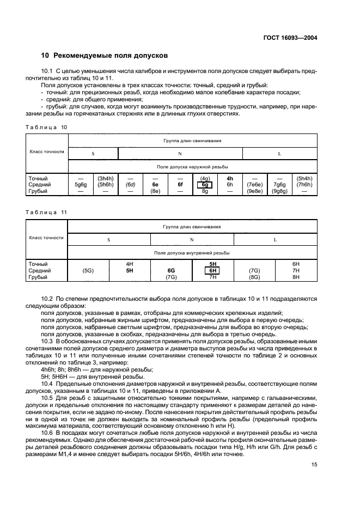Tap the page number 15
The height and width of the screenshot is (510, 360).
[x=314, y=464]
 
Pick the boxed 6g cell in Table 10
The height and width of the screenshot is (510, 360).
[x=205, y=185]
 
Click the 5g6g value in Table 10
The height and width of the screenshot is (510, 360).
[x=80, y=185]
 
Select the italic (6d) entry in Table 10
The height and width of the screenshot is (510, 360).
[x=130, y=185]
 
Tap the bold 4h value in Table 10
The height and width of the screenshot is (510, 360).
[x=229, y=178]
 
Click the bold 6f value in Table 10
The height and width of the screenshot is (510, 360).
[x=180, y=185]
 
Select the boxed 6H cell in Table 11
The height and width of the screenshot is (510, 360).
[x=213, y=270]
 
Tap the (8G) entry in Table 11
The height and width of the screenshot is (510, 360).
[x=254, y=277]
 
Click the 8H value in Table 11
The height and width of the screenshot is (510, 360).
[x=296, y=277]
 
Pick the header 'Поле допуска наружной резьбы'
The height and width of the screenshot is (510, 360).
[x=192, y=167]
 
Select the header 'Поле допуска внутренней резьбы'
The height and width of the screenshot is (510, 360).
[x=192, y=252]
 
